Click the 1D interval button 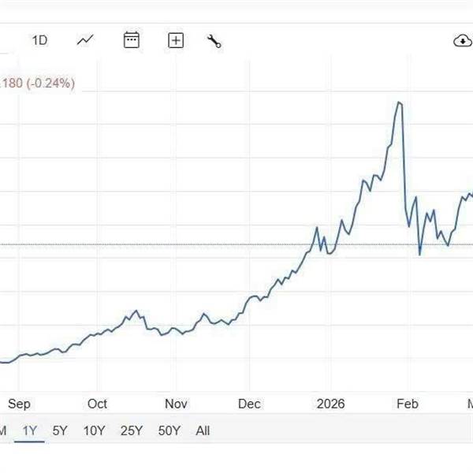click(x=39, y=40)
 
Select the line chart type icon click(x=85, y=40)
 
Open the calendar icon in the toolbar click(x=132, y=40)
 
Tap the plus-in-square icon click(x=176, y=40)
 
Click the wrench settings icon click(x=214, y=41)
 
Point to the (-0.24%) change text click(x=49, y=83)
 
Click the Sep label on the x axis click(x=19, y=404)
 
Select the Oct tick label click(x=98, y=404)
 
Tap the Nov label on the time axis click(x=176, y=404)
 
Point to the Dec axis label click(x=250, y=404)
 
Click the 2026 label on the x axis click(x=330, y=404)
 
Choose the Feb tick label click(x=407, y=404)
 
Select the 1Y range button click(x=30, y=430)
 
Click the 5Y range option click(x=60, y=430)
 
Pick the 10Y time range click(x=94, y=430)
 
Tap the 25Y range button click(x=132, y=430)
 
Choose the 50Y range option click(x=169, y=430)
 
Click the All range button click(x=203, y=430)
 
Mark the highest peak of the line click(x=400, y=102)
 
